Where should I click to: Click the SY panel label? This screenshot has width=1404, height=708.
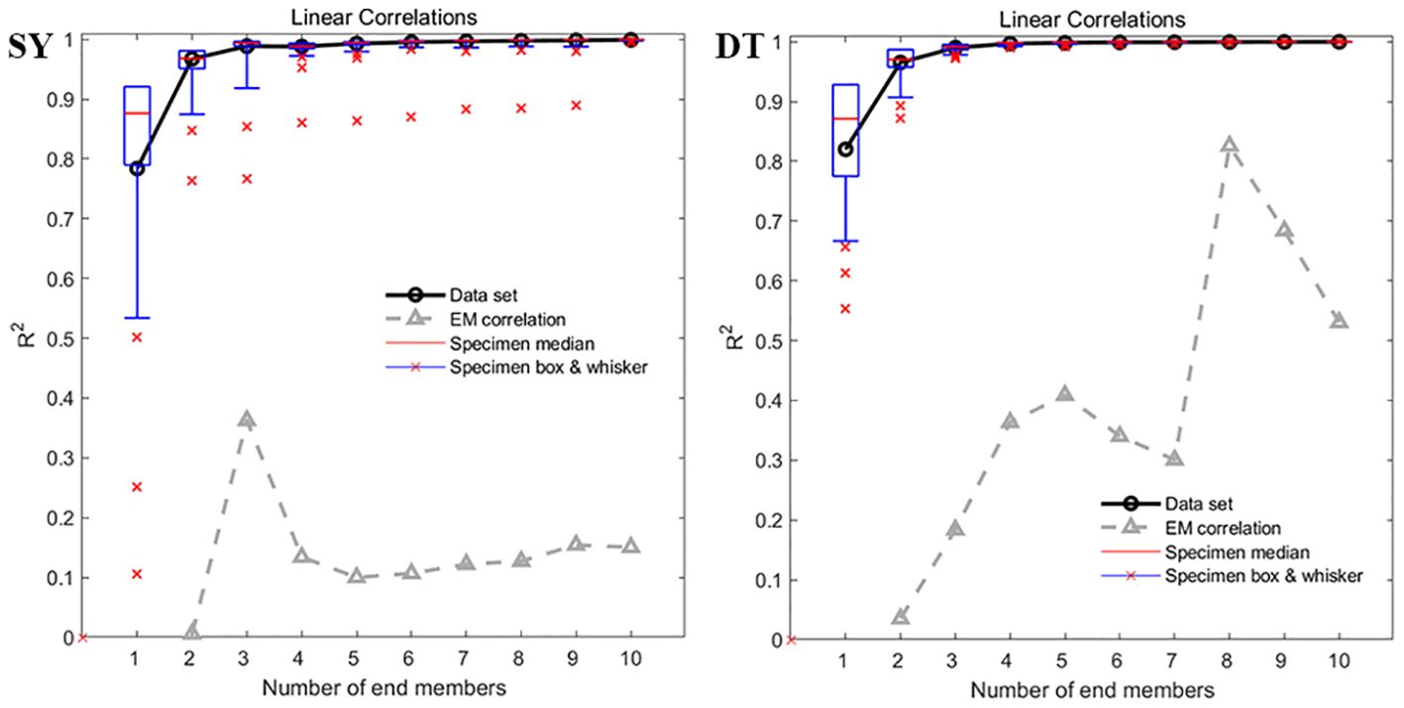[x=29, y=47]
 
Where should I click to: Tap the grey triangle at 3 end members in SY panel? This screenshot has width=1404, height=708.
[x=247, y=420]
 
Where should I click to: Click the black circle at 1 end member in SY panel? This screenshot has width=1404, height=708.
[x=137, y=168]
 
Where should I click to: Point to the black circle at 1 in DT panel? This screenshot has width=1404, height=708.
[x=845, y=149]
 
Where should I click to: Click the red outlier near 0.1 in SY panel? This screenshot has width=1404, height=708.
[x=137, y=573]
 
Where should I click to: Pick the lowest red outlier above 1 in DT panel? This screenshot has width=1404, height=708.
[x=845, y=308]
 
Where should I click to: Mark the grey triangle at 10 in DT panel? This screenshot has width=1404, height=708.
[x=1339, y=321]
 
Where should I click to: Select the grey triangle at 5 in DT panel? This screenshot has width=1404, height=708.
[x=1064, y=394]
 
